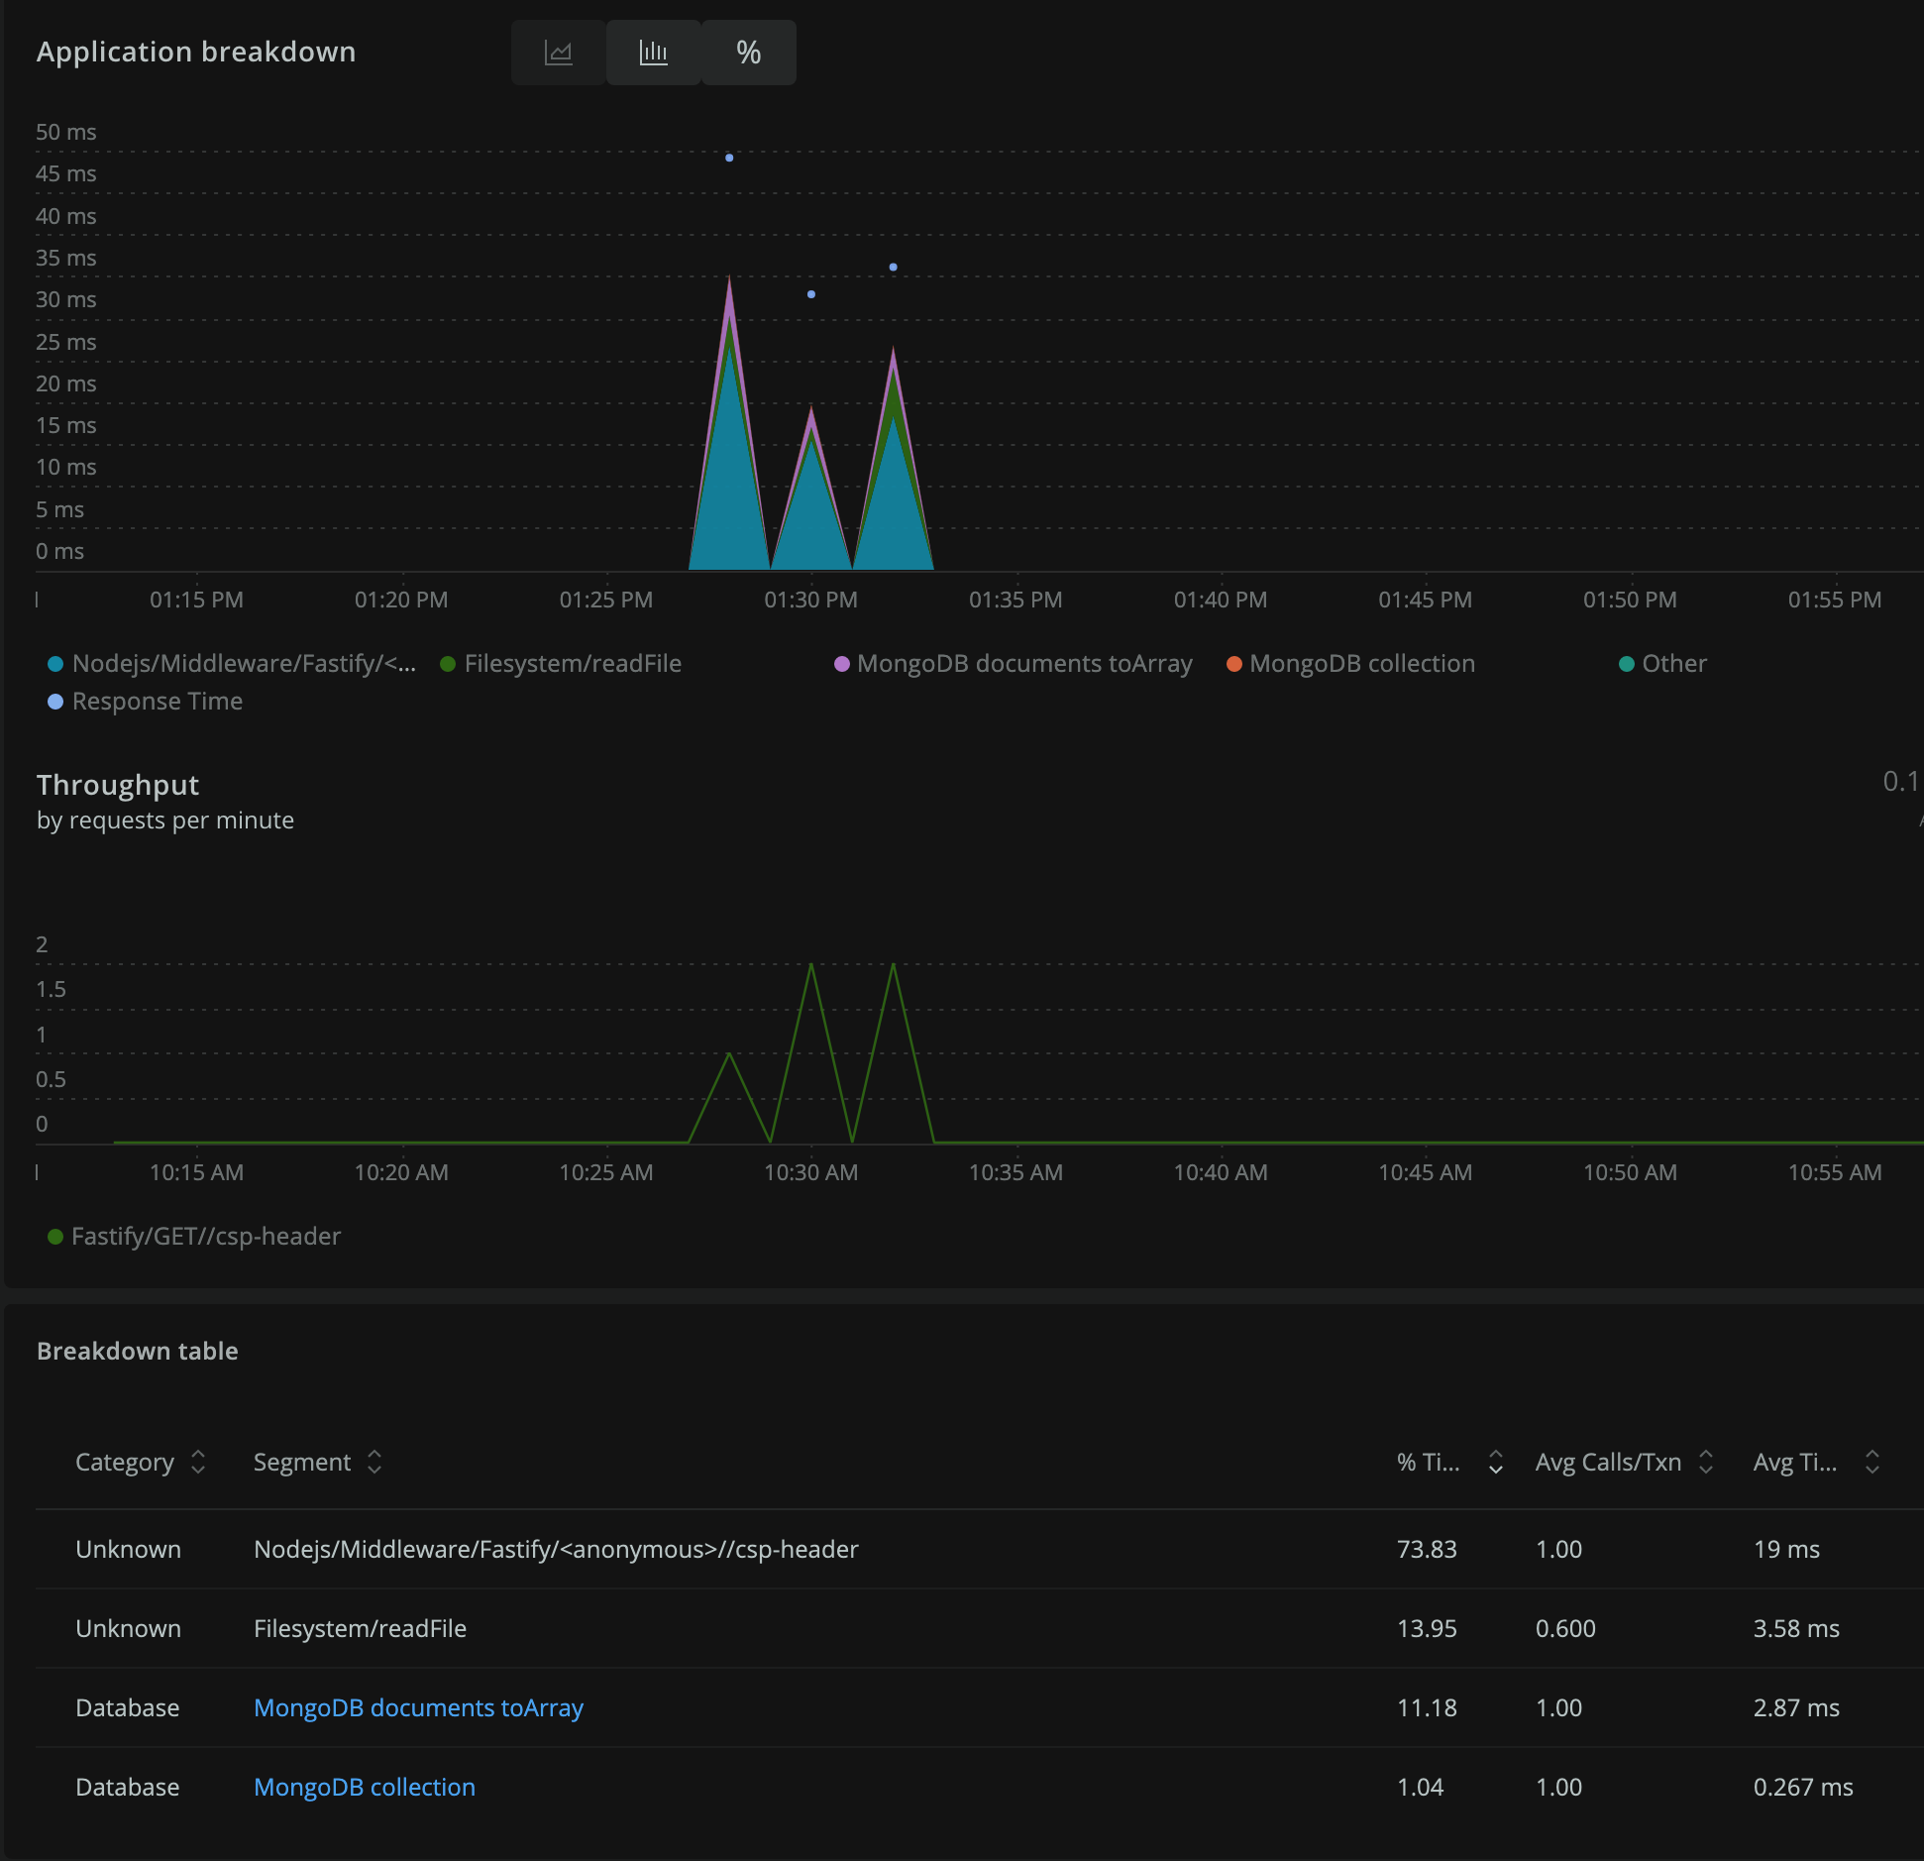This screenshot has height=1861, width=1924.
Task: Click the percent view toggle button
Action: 749,53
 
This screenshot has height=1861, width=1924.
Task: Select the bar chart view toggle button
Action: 654,53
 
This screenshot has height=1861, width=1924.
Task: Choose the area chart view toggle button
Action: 559,53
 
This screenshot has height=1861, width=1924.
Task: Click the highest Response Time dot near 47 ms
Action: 729,158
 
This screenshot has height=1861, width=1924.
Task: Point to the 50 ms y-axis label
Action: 65,132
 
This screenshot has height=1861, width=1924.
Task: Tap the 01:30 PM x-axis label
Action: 810,600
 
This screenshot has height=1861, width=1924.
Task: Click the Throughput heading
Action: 118,785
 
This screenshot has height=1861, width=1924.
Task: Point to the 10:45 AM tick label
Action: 1425,1172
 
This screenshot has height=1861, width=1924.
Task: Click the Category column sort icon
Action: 198,1462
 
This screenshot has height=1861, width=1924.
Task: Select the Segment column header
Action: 302,1462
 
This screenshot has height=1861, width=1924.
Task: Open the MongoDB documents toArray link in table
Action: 418,1707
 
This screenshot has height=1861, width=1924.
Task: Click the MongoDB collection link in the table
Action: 365,1787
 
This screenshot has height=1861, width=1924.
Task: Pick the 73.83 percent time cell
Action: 1427,1549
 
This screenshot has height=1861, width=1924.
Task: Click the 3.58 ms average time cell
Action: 1796,1628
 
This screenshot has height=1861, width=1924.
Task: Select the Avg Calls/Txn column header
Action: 1608,1462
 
